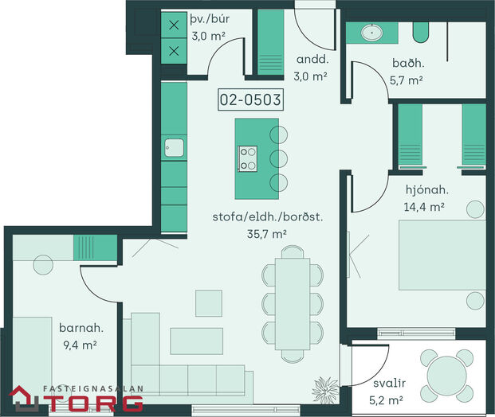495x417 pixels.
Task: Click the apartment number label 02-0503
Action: tap(250, 100)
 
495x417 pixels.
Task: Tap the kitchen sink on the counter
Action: tap(174, 148)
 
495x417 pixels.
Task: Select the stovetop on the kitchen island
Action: tap(247, 159)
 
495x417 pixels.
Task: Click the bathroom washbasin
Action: tap(372, 33)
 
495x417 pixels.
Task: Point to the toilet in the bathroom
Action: tap(421, 32)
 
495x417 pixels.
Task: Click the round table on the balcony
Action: tap(446, 376)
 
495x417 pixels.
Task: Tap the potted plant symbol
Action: tap(325, 391)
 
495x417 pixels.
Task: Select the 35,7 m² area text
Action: tap(267, 234)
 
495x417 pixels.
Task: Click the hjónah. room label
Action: tap(426, 189)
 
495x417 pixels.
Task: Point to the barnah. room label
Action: tap(81, 328)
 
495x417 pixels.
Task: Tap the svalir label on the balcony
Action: tap(389, 384)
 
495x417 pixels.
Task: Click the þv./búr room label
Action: tap(210, 20)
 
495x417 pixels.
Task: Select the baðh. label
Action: tap(408, 63)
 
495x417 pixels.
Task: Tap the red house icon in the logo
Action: tap(24, 399)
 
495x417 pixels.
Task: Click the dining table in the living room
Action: tap(293, 304)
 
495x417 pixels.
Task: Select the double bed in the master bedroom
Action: tap(442, 255)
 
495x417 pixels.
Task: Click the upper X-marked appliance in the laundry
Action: tap(174, 25)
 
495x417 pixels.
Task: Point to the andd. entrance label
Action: tap(312, 59)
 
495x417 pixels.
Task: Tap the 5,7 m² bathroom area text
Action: tap(407, 80)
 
